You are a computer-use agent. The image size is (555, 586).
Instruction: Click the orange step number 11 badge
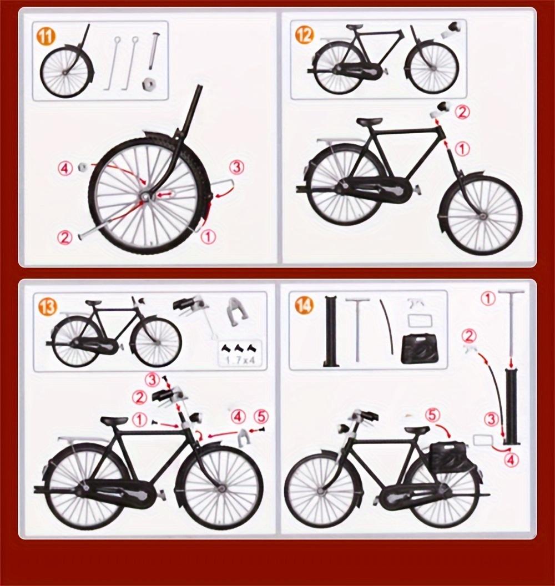(x=47, y=37)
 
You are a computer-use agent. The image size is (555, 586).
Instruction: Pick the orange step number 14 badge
(x=304, y=305)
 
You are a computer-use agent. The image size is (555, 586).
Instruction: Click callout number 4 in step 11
(x=66, y=168)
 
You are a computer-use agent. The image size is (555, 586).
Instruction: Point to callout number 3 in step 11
(x=237, y=166)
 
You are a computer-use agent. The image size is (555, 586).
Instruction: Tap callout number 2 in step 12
(x=462, y=112)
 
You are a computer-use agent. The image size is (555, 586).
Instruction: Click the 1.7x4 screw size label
(x=240, y=360)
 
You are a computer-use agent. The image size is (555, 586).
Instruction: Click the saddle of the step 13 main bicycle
(x=114, y=421)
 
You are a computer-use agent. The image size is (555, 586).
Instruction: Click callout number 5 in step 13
(x=261, y=416)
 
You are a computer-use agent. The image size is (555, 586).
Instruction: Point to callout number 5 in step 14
(x=433, y=415)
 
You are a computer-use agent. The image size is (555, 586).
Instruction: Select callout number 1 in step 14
(x=488, y=299)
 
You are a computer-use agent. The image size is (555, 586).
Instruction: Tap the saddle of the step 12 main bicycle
(x=370, y=122)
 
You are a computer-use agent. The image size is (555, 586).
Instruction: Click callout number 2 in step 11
(x=65, y=238)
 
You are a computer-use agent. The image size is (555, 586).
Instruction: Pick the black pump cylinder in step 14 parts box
(x=331, y=331)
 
